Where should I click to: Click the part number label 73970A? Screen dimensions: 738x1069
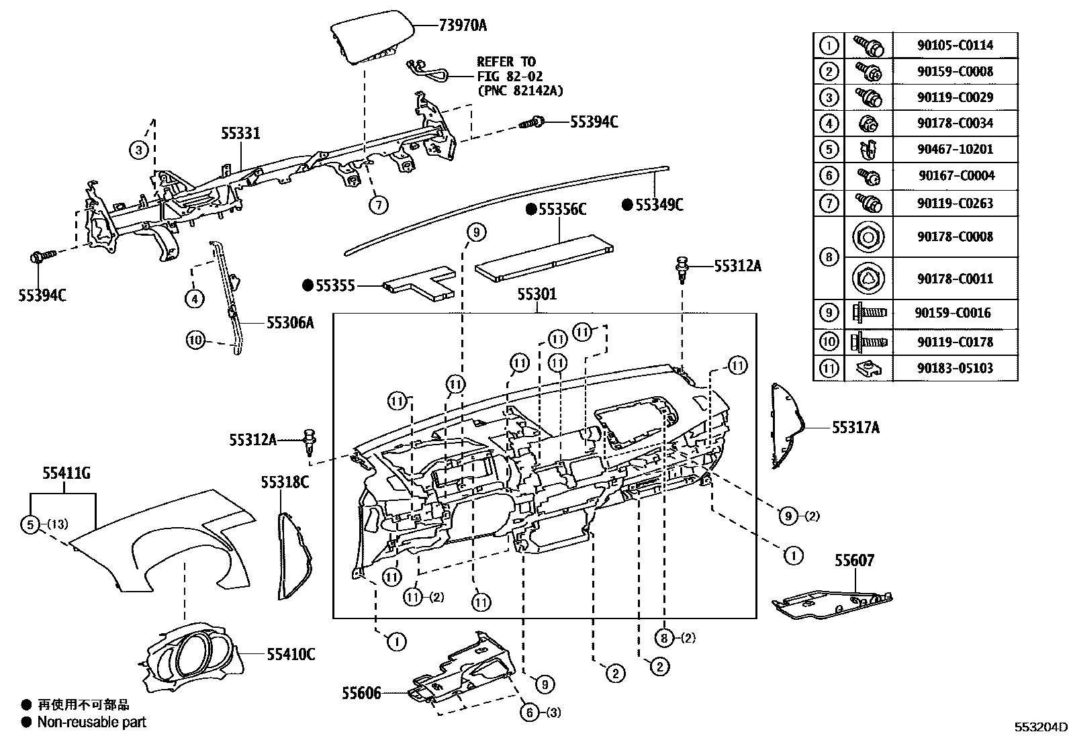463,26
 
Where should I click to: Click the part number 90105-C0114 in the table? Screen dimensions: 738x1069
954,45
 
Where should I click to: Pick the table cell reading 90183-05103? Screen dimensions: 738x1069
954,368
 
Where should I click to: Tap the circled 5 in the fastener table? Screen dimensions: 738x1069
829,149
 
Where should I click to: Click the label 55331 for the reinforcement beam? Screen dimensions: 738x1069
240,134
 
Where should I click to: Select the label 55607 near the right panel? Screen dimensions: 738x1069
855,560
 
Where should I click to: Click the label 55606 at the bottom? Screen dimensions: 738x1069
361,692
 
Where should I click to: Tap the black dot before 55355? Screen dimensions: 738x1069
308,286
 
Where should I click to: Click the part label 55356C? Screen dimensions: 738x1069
562,210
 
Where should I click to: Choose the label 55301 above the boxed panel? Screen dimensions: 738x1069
537,294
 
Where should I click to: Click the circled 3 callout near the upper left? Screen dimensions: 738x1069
138,150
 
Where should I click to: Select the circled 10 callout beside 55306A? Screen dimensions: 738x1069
195,340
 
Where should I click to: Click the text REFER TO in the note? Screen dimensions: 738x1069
506,62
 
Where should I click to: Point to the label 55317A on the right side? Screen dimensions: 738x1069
855,427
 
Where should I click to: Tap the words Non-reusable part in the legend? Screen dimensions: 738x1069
92,723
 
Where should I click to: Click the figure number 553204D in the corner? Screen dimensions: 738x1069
1040,727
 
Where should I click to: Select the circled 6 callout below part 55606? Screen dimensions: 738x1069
530,712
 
